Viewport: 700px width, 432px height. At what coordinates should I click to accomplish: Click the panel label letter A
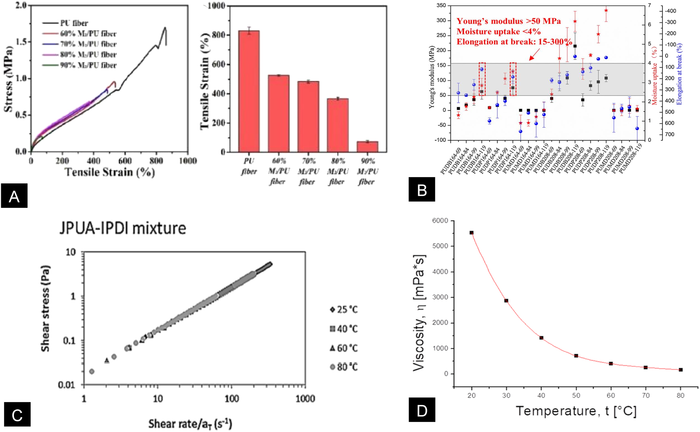pyautogui.click(x=14, y=196)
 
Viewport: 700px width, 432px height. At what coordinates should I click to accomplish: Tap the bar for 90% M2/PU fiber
pyautogui.click(x=367, y=146)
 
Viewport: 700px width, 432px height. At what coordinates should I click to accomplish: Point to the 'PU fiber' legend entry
pyautogui.click(x=74, y=23)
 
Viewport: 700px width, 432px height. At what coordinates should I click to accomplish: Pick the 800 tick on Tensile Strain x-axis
pyautogui.click(x=156, y=161)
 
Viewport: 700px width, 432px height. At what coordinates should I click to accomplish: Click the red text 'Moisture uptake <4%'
pyautogui.click(x=498, y=32)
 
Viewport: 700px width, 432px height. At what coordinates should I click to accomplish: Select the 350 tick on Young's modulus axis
pyautogui.click(x=441, y=6)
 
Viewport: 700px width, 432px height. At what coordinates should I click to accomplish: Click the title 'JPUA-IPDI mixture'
pyautogui.click(x=123, y=228)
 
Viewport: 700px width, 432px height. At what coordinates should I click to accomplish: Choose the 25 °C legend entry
pyautogui.click(x=343, y=310)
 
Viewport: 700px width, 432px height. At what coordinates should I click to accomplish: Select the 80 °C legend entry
pyautogui.click(x=343, y=367)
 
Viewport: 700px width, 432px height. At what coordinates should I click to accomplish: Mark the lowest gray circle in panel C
pyautogui.click(x=92, y=371)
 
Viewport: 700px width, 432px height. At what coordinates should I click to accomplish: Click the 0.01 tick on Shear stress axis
pyautogui.click(x=66, y=385)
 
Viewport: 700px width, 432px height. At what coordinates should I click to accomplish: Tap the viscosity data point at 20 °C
pyautogui.click(x=472, y=233)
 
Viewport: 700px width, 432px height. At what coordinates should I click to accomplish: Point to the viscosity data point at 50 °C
pyautogui.click(x=576, y=356)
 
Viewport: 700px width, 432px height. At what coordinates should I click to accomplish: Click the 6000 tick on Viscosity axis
pyautogui.click(x=440, y=221)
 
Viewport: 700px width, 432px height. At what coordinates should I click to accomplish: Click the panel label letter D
pyautogui.click(x=422, y=410)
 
